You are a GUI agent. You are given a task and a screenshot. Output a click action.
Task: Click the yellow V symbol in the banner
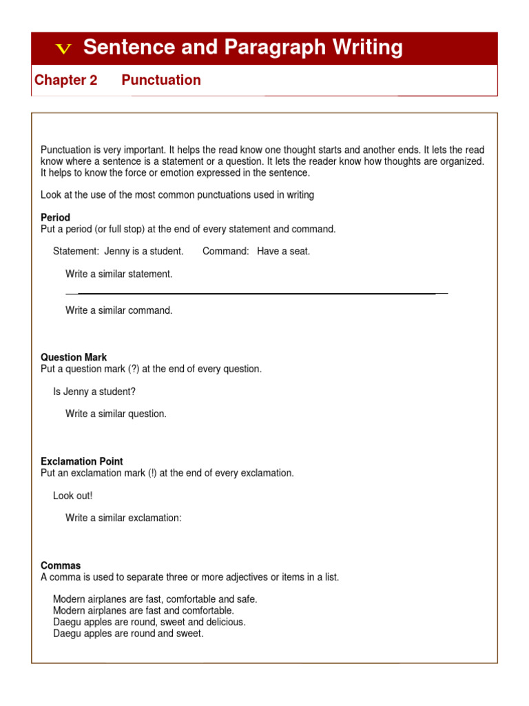pyautogui.click(x=63, y=48)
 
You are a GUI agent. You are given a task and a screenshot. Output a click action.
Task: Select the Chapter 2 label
pyautogui.click(x=65, y=80)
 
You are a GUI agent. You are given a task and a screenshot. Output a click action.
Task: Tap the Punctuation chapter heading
pyautogui.click(x=161, y=80)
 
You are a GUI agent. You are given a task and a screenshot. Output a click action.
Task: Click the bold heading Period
pyautogui.click(x=55, y=217)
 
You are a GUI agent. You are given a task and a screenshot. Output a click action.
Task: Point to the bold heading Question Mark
pyautogui.click(x=74, y=357)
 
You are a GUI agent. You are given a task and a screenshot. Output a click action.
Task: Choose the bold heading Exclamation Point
pyautogui.click(x=82, y=461)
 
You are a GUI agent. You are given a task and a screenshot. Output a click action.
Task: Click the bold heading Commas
pyautogui.click(x=61, y=565)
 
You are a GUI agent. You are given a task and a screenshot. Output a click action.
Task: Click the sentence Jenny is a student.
pyautogui.click(x=144, y=251)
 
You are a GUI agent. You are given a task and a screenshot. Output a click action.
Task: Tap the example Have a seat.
pyautogui.click(x=284, y=251)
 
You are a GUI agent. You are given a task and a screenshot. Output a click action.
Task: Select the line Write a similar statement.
pyautogui.click(x=118, y=274)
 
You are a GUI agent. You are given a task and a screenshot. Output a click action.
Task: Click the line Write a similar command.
pyautogui.click(x=118, y=310)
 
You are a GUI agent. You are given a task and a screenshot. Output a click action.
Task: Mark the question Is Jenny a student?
pyautogui.click(x=94, y=392)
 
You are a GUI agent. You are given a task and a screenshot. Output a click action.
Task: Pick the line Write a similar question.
pyautogui.click(x=116, y=414)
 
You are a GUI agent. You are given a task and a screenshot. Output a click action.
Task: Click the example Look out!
pyautogui.click(x=72, y=496)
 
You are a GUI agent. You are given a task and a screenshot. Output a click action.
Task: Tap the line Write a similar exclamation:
pyautogui.click(x=123, y=518)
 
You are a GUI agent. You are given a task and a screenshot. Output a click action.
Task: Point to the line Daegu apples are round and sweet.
pyautogui.click(x=128, y=633)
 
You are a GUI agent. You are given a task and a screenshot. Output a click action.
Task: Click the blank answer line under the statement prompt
pyautogui.click(x=256, y=294)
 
